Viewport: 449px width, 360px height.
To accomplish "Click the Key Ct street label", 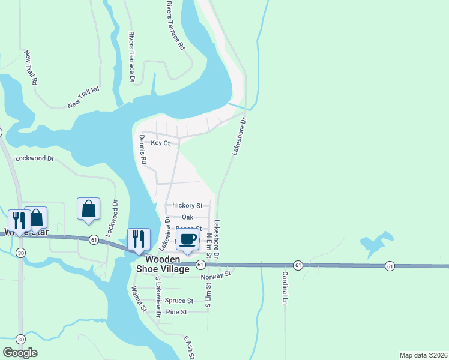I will (160, 143).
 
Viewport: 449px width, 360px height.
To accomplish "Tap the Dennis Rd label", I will (143, 150).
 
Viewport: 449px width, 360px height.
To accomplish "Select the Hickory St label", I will (187, 205).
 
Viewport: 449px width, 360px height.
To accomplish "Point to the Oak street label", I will (188, 217).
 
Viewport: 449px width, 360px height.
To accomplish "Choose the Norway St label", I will (216, 275).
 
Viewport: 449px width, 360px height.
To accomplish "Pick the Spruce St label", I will (179, 301).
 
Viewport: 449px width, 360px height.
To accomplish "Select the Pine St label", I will (176, 312).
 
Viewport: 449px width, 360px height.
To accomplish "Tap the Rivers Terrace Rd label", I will (175, 25).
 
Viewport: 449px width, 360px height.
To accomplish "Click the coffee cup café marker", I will (188, 239).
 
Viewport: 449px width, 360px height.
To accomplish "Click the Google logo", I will (20, 353).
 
